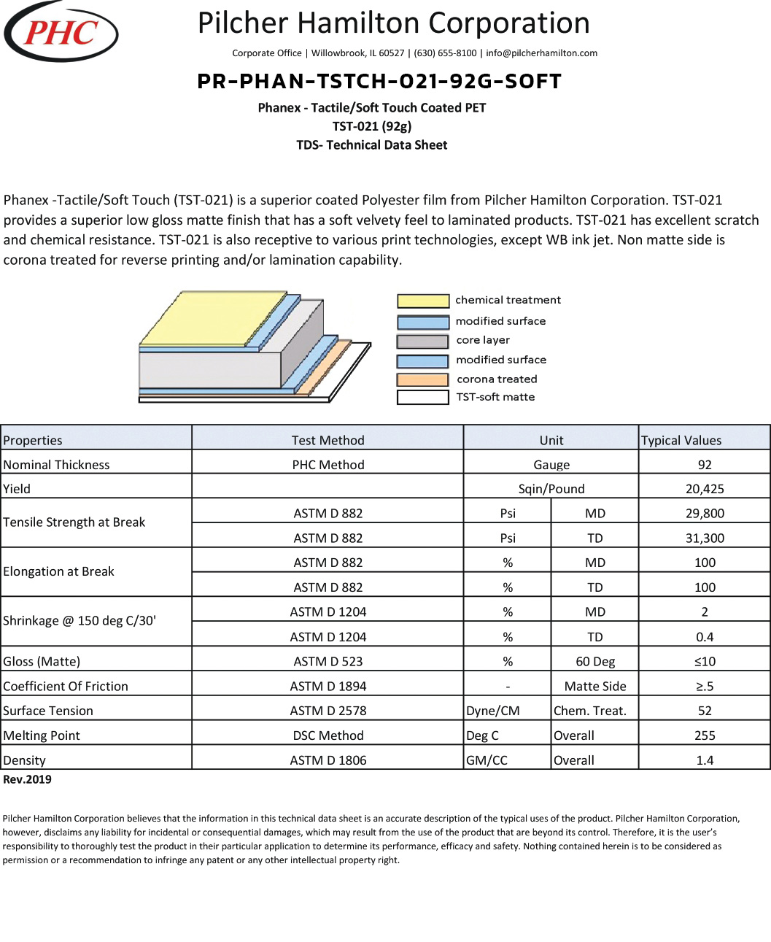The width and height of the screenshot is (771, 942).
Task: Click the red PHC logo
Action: tap(61, 32)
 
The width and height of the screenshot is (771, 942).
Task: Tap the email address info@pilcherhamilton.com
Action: tap(541, 53)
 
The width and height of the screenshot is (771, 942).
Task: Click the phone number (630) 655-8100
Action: tap(445, 53)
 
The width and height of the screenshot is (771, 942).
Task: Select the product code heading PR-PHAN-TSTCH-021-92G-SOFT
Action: tap(379, 81)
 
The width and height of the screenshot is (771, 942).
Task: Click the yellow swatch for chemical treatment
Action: tap(423, 301)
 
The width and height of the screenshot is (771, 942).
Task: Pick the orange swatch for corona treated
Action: tap(423, 379)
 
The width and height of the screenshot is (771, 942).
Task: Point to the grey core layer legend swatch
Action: tap(423, 341)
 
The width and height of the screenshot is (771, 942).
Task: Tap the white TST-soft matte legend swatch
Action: tap(423, 398)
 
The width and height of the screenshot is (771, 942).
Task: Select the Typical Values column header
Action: tap(681, 440)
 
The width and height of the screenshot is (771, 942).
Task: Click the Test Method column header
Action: tap(328, 440)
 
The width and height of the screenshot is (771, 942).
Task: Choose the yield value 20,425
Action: tap(705, 489)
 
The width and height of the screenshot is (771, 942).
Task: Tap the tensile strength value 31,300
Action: tap(705, 538)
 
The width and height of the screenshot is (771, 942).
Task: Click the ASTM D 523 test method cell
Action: tap(328, 661)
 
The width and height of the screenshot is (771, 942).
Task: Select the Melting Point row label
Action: tap(42, 736)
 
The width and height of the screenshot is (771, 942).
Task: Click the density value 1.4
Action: tap(705, 760)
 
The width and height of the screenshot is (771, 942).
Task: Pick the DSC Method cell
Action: tap(328, 736)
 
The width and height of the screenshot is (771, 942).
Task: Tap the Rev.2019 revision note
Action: tap(28, 779)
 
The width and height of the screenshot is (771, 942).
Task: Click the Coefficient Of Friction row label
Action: tap(66, 686)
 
